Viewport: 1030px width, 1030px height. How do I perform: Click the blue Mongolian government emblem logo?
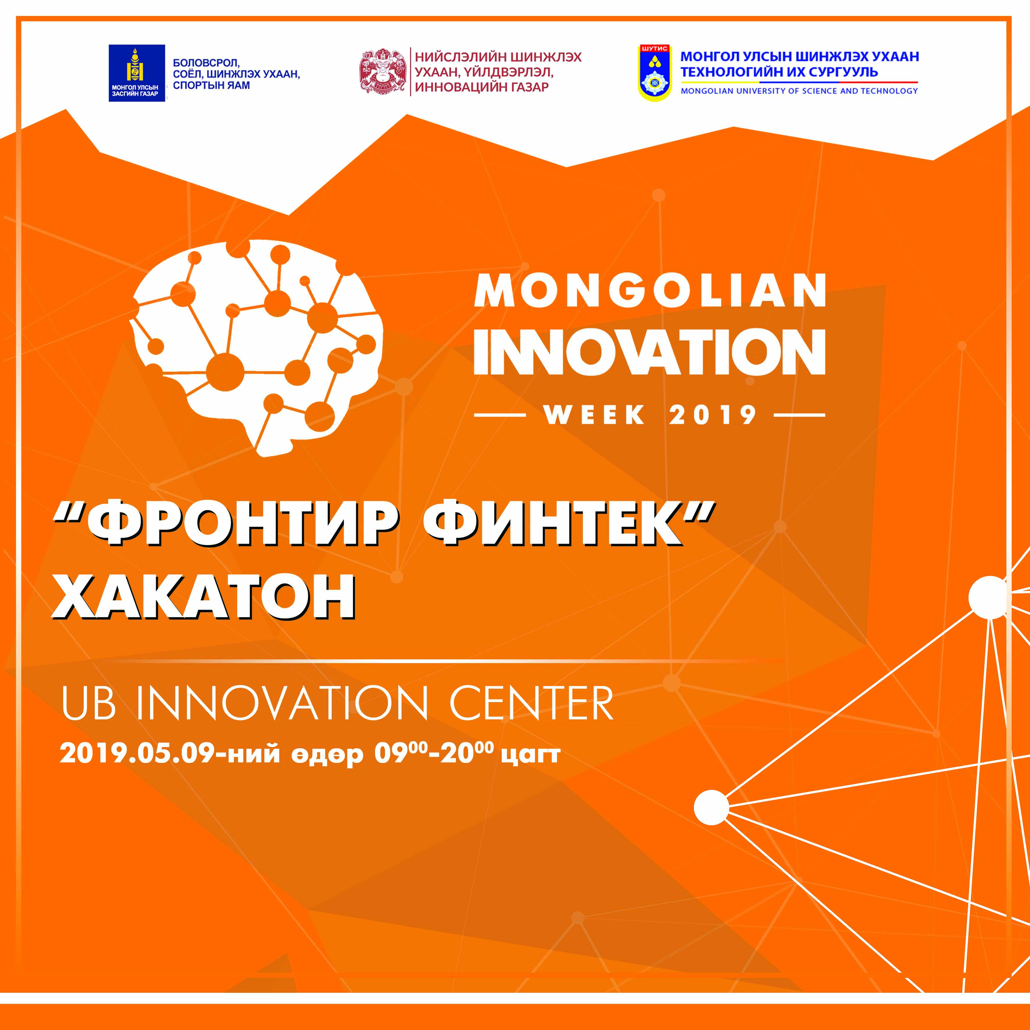point(137,73)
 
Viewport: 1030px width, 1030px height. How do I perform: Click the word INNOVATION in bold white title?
point(649,351)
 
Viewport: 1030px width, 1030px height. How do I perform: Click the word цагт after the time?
point(531,756)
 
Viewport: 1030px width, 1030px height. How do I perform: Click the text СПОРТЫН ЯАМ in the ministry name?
point(212,85)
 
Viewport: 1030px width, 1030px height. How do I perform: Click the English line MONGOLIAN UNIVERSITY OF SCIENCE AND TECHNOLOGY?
point(799,91)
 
